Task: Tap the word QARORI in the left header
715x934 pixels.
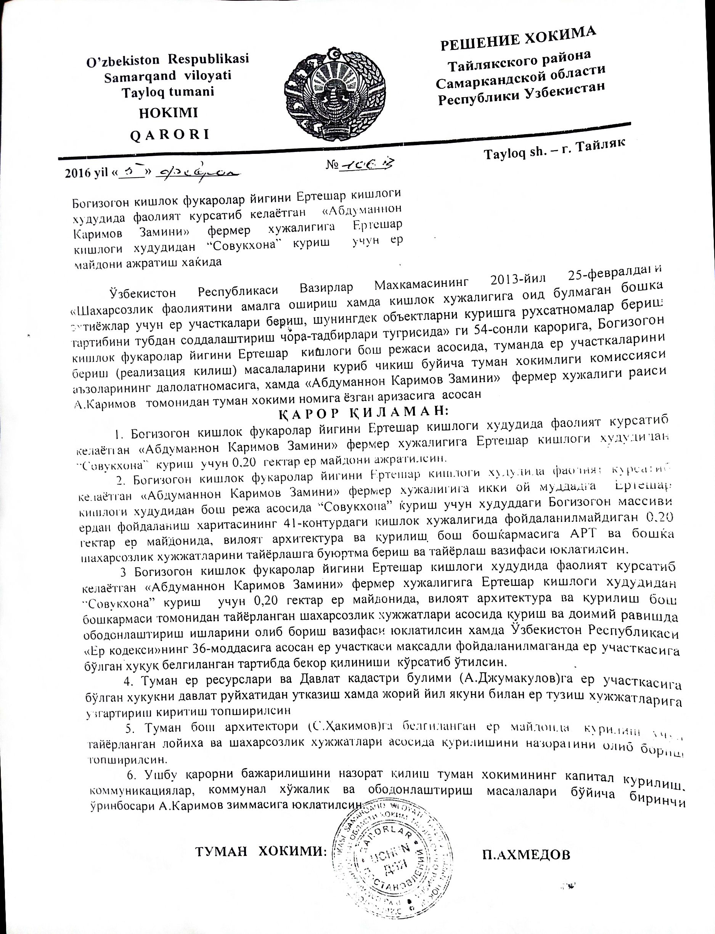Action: pyautogui.click(x=169, y=135)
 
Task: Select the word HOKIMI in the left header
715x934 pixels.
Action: pyautogui.click(x=169, y=113)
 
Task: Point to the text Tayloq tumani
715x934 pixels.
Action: pyautogui.click(x=168, y=92)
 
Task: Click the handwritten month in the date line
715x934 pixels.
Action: pyautogui.click(x=198, y=172)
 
